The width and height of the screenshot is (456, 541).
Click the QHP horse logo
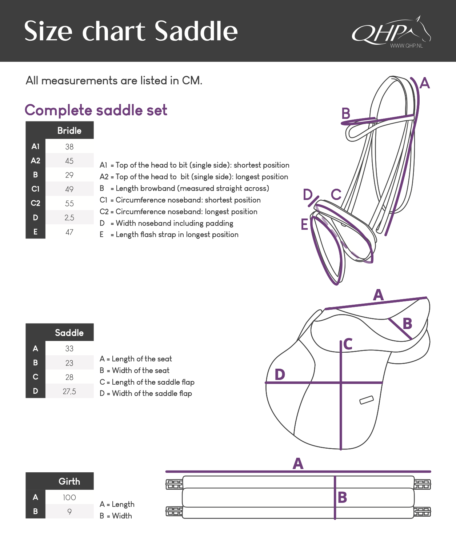point(391,32)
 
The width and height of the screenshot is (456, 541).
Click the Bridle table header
point(69,131)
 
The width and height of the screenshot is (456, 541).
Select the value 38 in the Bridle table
point(69,147)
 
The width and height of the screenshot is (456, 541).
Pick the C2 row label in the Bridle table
point(36,203)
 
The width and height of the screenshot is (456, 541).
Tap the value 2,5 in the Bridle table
point(69,217)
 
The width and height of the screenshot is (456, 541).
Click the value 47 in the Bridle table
point(69,232)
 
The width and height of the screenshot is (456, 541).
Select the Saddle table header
point(69,332)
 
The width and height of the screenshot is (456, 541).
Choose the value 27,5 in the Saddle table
point(69,391)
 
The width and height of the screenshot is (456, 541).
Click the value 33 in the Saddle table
point(69,348)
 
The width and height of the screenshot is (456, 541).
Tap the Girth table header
point(69,481)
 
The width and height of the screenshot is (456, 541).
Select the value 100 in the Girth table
point(69,497)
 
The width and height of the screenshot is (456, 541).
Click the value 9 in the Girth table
point(69,512)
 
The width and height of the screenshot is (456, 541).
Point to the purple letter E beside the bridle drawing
point(305,224)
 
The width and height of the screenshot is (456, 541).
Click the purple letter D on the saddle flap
point(280,374)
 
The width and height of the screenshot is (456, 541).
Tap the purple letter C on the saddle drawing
point(348,344)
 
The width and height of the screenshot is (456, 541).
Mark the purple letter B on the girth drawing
point(342,497)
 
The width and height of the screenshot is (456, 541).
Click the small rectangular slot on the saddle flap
point(366,400)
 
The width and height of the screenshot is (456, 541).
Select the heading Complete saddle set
point(96,110)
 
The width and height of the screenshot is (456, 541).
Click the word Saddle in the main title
point(196,31)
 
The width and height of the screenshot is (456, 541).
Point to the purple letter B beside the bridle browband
point(346,113)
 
